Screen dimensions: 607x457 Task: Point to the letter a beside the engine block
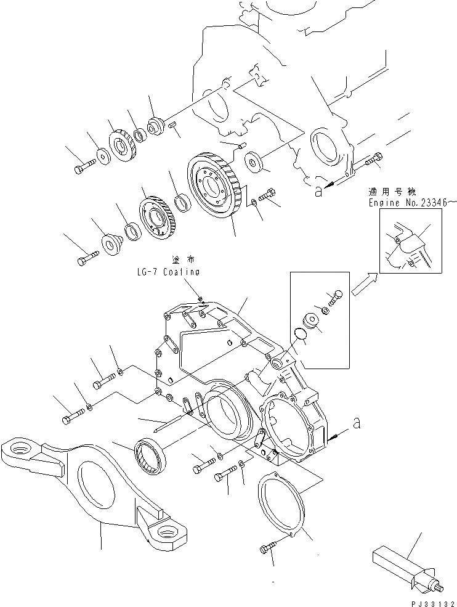pyautogui.click(x=318, y=192)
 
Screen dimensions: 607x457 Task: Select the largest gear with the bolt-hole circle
pyautogui.click(x=216, y=185)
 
